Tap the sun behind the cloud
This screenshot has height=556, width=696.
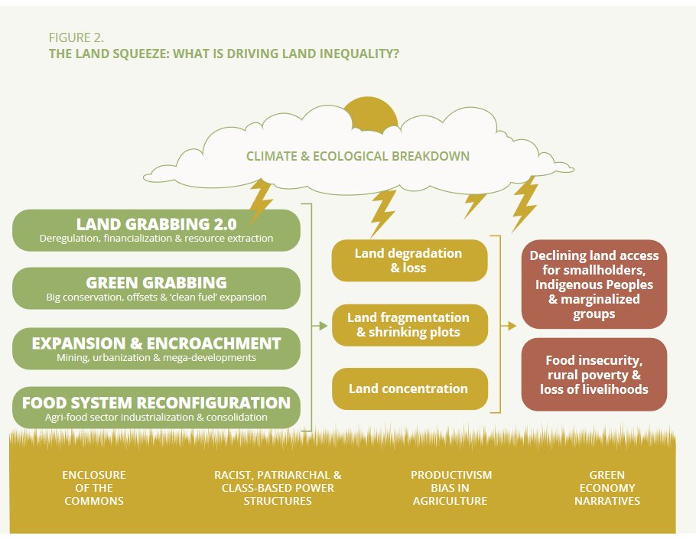pos(371,112)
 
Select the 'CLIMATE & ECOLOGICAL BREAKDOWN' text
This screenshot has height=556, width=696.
pos(358,156)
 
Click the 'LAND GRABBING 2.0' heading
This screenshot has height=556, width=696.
pos(156,224)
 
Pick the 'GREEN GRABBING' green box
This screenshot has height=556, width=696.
pos(156,288)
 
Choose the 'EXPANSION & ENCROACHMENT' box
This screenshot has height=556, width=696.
pos(156,348)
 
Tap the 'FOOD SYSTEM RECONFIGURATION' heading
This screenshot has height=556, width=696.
pos(156,402)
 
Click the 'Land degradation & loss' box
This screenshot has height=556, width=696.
pos(408,260)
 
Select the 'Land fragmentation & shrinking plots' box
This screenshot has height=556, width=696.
pos(408,324)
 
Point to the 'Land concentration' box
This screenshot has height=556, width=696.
pos(408,389)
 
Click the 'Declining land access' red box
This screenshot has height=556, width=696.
pos(594,285)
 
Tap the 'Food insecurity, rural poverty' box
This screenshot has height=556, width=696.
pos(594,375)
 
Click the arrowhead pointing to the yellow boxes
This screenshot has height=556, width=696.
pos(324,325)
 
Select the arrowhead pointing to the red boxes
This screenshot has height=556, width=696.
pos(512,325)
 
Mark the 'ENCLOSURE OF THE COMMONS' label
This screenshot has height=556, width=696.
pos(93,488)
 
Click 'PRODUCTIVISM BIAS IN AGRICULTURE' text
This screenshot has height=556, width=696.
pos(450,488)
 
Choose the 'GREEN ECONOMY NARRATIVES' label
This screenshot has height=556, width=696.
pos(607,488)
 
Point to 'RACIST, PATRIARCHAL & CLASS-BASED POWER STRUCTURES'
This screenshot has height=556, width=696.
pos(277,488)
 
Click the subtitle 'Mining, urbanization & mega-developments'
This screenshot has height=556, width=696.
pos(156,357)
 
